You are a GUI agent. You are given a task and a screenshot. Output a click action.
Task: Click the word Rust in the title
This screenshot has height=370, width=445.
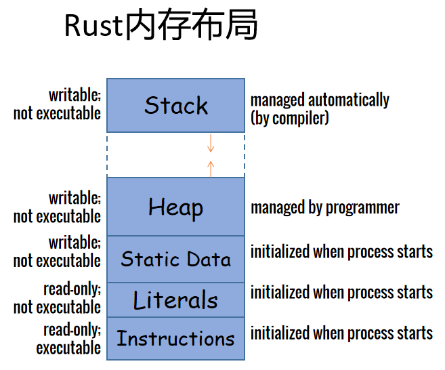[94, 25]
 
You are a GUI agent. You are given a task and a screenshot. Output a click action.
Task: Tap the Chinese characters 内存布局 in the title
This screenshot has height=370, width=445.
[191, 24]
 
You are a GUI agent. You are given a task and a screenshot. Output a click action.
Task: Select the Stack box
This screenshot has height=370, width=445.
[175, 105]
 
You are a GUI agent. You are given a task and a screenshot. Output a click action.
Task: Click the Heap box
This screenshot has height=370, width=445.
[175, 207]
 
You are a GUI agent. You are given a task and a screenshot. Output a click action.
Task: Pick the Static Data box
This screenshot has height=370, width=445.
[175, 260]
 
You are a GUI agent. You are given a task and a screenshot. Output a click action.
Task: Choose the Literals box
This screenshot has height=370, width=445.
[175, 300]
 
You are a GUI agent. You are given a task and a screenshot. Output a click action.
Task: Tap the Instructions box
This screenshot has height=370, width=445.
[175, 338]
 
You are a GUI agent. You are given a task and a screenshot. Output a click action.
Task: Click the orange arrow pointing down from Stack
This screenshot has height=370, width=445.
[211, 143]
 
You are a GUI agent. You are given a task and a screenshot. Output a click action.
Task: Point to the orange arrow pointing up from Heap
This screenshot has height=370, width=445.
[211, 169]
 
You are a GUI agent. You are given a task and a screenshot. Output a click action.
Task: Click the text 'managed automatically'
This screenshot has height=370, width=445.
[320, 100]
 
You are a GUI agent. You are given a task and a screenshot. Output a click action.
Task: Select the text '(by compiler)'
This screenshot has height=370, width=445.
[289, 119]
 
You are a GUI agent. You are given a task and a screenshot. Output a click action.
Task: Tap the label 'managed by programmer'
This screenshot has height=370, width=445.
[325, 208]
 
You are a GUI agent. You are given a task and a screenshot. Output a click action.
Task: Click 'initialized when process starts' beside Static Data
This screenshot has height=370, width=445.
[341, 252]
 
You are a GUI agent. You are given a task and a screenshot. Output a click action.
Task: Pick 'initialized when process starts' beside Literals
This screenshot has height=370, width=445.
[341, 293]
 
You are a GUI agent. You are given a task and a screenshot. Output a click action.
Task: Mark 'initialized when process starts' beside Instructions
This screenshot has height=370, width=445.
[341, 333]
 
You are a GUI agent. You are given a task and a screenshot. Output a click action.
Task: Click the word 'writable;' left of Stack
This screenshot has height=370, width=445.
[75, 95]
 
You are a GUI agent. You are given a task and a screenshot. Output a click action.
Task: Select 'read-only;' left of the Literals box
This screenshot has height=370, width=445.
[72, 289]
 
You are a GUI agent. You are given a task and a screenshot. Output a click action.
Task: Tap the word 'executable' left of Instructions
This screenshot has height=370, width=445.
[68, 348]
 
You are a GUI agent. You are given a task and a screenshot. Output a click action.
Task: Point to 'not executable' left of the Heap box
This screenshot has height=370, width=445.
[57, 216]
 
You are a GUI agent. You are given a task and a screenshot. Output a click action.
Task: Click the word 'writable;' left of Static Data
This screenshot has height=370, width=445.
[75, 243]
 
